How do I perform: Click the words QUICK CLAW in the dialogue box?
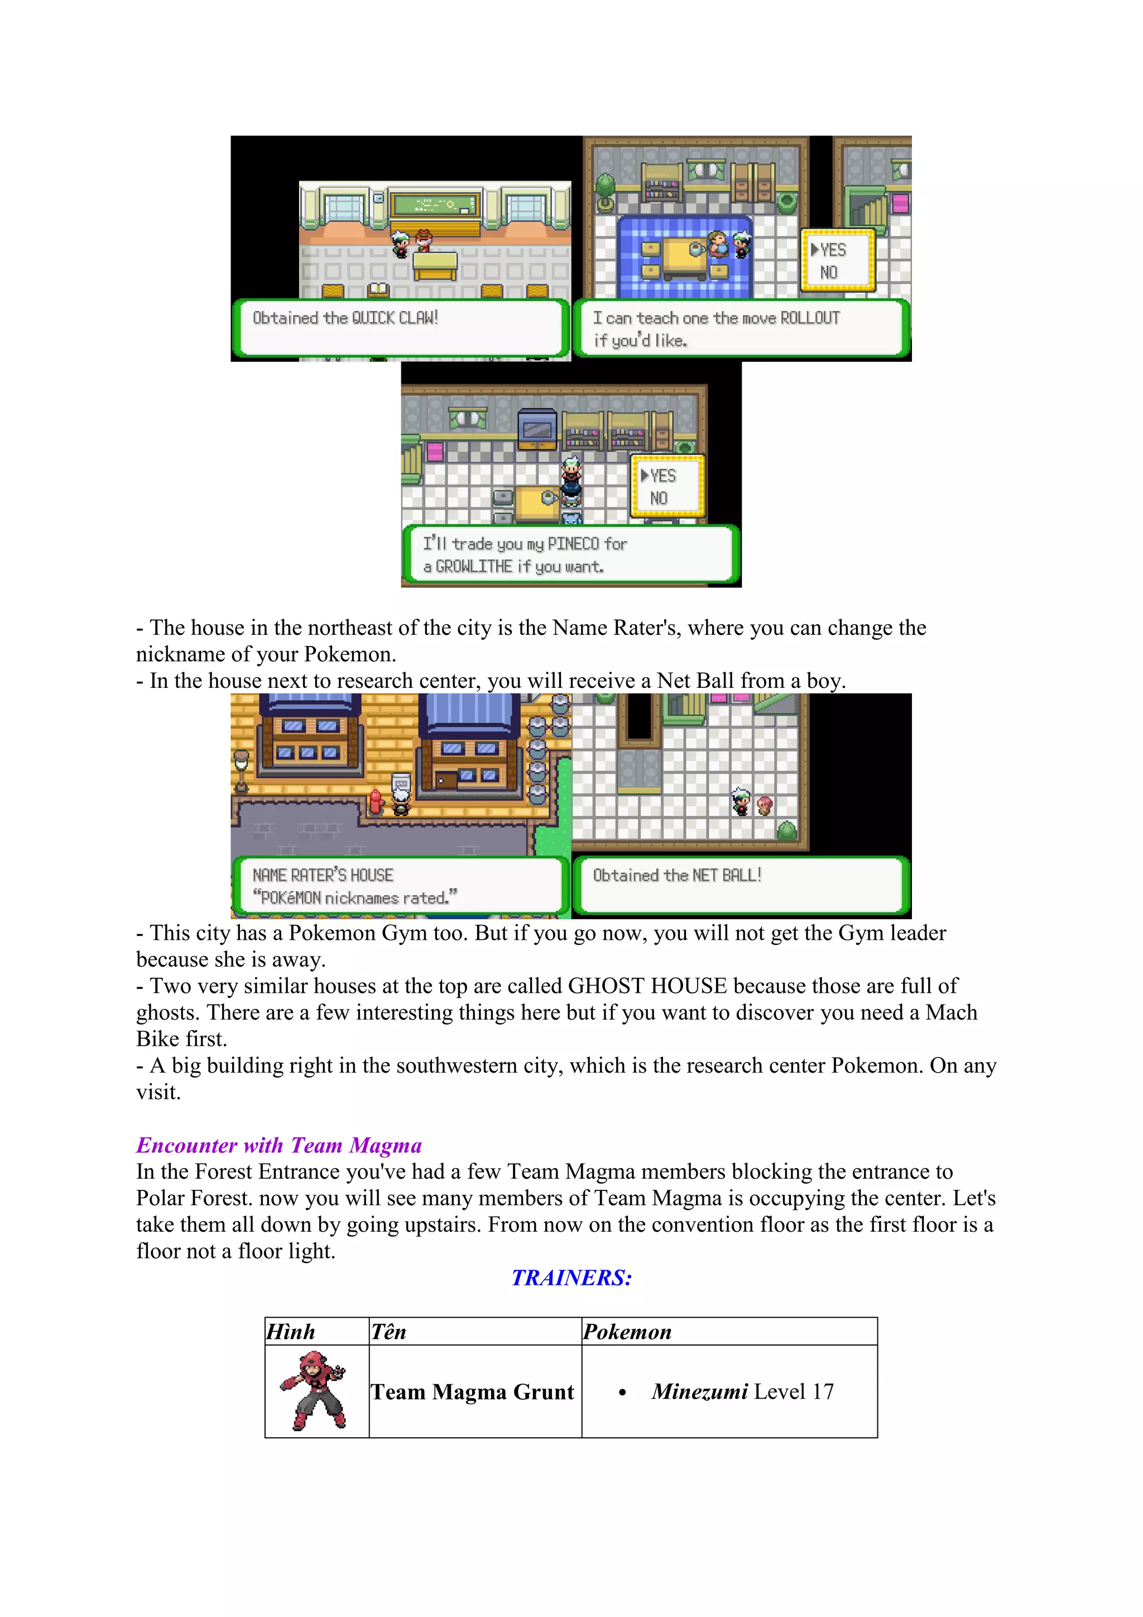click(x=394, y=318)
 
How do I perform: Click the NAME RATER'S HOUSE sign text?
click(x=323, y=876)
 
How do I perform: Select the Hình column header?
click(x=291, y=1332)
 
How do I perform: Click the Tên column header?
click(x=388, y=1332)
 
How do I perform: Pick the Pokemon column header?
click(x=627, y=1332)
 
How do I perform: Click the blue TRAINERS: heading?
click(x=571, y=1278)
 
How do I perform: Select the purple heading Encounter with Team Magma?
click(x=278, y=1146)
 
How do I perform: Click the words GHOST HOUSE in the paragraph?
click(x=647, y=986)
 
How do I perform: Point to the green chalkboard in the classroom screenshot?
click(x=435, y=205)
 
